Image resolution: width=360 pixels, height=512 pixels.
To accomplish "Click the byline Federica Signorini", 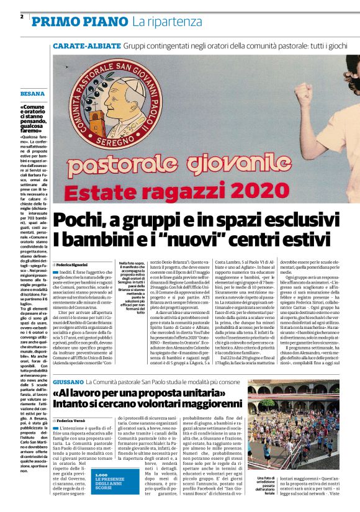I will [72, 264].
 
